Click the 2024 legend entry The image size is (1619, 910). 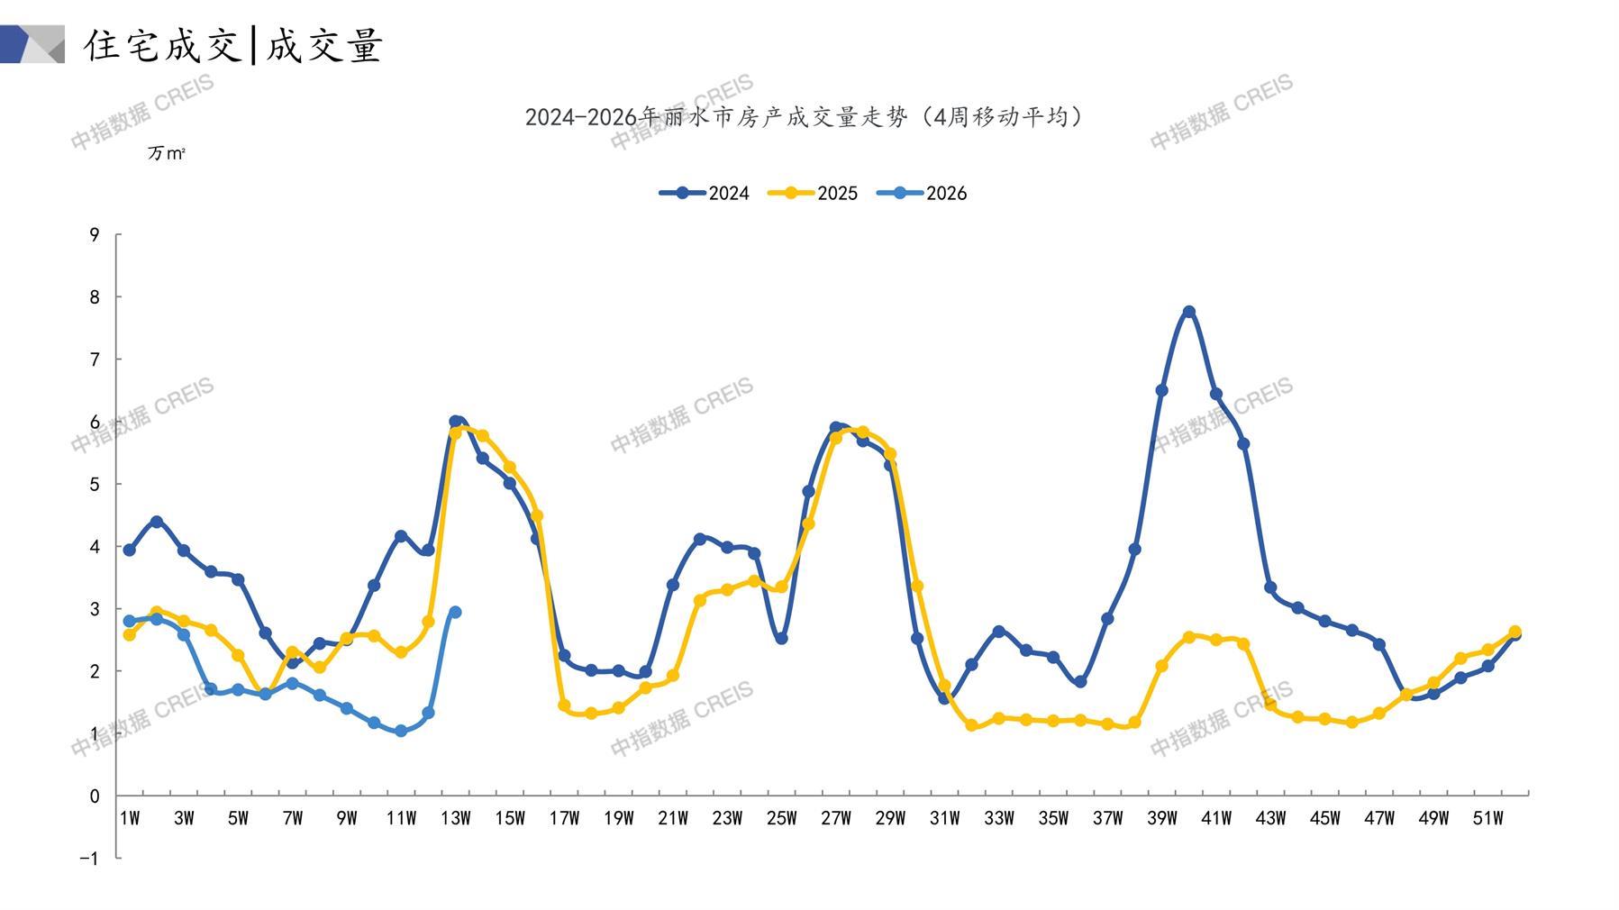coord(705,193)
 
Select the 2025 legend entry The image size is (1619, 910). coord(813,193)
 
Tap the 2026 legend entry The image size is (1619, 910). coord(922,193)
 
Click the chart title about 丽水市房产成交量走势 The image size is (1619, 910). coord(804,117)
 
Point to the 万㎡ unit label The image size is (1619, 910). coord(167,154)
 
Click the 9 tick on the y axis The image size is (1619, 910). coord(95,235)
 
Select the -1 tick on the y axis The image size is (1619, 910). coord(89,859)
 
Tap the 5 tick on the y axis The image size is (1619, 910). coord(95,485)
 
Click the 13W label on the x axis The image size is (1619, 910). coord(455,818)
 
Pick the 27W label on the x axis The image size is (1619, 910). coord(835,818)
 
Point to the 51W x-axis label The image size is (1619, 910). coord(1487,818)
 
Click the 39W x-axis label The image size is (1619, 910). coord(1161,818)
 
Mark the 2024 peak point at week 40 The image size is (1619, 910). coord(1189,312)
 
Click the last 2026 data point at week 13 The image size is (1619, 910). coord(455,613)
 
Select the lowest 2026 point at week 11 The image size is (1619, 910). coord(401,732)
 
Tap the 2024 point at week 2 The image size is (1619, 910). coord(157,522)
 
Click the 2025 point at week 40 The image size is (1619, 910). coord(1189,637)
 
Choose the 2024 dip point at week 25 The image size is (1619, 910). coord(781,639)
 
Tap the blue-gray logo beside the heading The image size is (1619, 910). coord(32,44)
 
